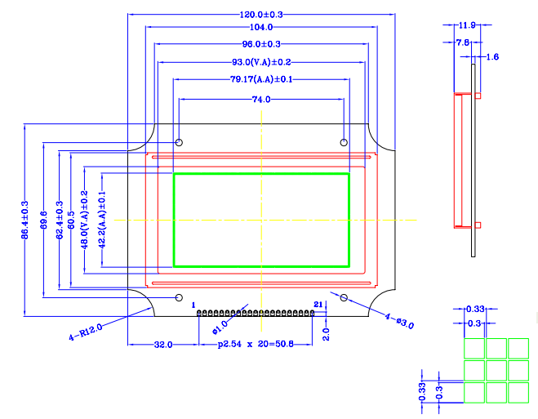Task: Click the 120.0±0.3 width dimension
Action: pyautogui.click(x=261, y=15)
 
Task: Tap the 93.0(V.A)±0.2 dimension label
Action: pyautogui.click(x=261, y=62)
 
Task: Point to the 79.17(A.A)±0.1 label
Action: pyautogui.click(x=261, y=79)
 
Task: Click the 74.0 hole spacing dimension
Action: pyautogui.click(x=261, y=99)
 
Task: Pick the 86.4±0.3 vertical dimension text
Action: pyautogui.click(x=24, y=221)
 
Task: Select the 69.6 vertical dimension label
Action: pyautogui.click(x=43, y=221)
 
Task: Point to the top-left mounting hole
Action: pyautogui.click(x=180, y=143)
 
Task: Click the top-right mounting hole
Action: pyautogui.click(x=344, y=143)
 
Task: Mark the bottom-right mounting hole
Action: pyautogui.click(x=344, y=297)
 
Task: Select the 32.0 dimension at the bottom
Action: pyautogui.click(x=163, y=345)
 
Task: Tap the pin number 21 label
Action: pyautogui.click(x=318, y=305)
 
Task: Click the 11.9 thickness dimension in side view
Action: pyautogui.click(x=468, y=25)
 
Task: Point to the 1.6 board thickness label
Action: pyautogui.click(x=492, y=56)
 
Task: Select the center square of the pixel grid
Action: pyautogui.click(x=496, y=371)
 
